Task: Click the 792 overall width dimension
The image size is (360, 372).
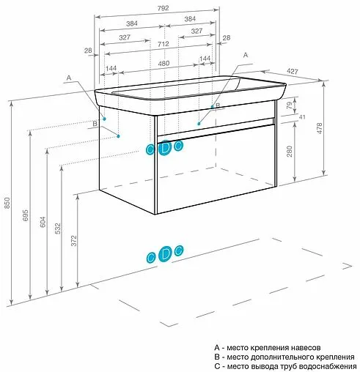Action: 163,8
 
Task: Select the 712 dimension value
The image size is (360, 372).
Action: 163,44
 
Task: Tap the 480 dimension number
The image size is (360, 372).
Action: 164,64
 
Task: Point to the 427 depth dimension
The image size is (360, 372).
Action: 293,71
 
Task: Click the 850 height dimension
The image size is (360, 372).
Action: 7,203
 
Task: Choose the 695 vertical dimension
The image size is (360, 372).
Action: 26,215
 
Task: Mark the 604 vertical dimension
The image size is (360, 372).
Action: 43,222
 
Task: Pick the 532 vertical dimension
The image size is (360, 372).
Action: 58,228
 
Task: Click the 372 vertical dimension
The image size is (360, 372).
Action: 73,241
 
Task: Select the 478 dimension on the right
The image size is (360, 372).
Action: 319,128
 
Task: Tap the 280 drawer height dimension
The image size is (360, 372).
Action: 290,152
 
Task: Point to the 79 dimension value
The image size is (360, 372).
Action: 289,105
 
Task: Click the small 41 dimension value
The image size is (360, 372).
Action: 302,117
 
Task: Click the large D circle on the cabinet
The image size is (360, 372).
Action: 165,148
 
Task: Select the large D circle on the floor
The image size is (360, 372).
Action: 165,254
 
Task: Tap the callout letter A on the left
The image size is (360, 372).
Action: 69,78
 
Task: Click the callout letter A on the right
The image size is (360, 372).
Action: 246,55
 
